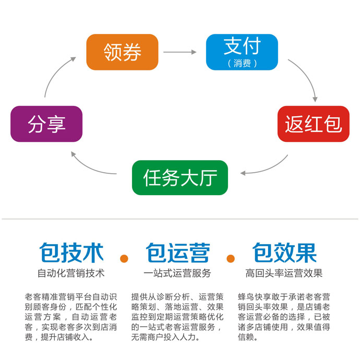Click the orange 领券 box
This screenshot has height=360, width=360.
pos(122,52)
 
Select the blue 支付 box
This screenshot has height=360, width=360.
pos(242,52)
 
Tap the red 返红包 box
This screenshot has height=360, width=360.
pos(313,124)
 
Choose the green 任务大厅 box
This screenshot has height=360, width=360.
pos(180,177)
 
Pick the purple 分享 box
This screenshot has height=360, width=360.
pos(46,124)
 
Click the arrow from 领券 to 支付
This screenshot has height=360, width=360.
pos(180,52)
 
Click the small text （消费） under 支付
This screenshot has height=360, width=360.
pos(242,64)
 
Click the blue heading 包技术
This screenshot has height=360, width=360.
pos(71,253)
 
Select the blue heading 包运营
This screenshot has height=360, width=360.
pos(177,253)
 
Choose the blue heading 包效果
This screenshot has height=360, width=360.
pos(284,253)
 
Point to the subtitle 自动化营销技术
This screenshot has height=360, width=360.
pos(71,273)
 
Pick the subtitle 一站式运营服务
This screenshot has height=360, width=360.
pos(177,273)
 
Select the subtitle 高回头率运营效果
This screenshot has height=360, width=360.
pos(284,273)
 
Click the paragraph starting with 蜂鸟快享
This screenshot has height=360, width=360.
pos(284,316)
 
